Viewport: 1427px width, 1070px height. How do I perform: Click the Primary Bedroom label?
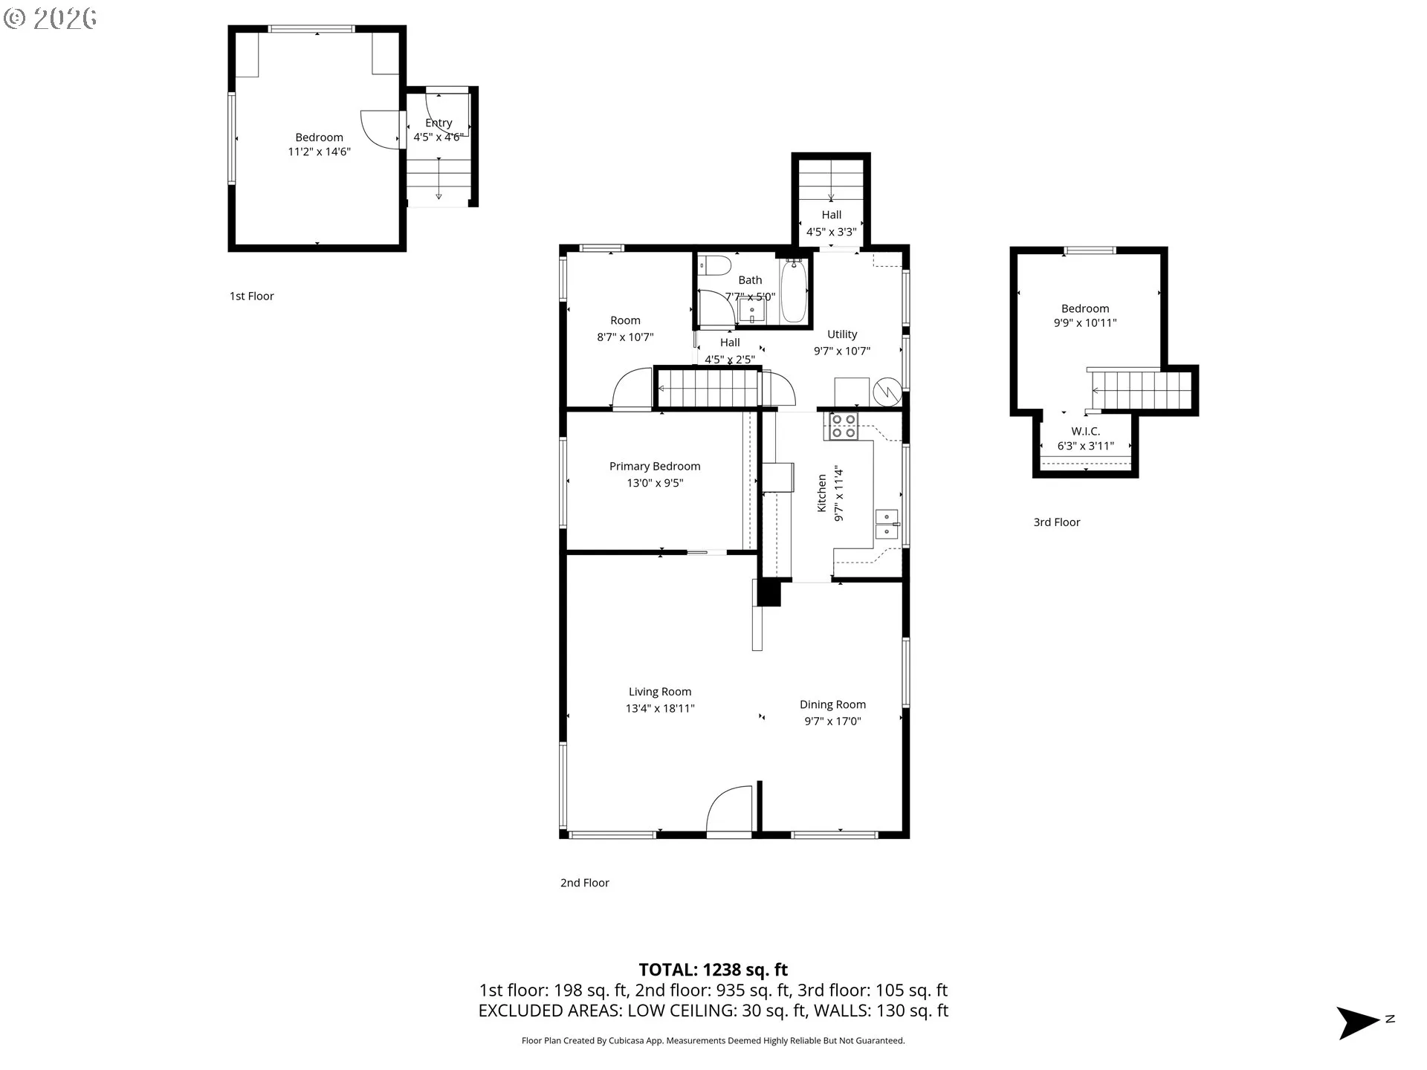tap(655, 467)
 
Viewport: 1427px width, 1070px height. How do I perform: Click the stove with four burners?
tap(844, 426)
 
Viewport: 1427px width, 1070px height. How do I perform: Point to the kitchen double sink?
tap(887, 524)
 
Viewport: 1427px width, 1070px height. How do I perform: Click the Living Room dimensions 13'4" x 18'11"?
tap(660, 709)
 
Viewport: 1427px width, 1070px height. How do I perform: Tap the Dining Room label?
tap(832, 704)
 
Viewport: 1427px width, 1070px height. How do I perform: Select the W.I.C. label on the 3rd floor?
tap(1086, 432)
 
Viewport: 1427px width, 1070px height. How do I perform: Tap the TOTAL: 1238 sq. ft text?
tap(713, 970)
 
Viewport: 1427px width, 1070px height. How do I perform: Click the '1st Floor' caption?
tap(252, 296)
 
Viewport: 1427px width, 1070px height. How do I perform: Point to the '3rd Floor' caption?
tap(1057, 522)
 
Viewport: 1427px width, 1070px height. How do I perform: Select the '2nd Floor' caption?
tap(585, 883)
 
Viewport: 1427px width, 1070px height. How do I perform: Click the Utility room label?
tap(842, 334)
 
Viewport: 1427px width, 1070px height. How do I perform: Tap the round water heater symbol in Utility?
tap(887, 391)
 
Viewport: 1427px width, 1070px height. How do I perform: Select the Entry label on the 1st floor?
tap(439, 123)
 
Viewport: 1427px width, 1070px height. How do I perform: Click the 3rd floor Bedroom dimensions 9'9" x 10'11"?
tap(1085, 323)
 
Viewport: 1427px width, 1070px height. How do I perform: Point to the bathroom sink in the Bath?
tap(753, 311)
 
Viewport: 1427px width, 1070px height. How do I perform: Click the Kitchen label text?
tap(822, 493)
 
